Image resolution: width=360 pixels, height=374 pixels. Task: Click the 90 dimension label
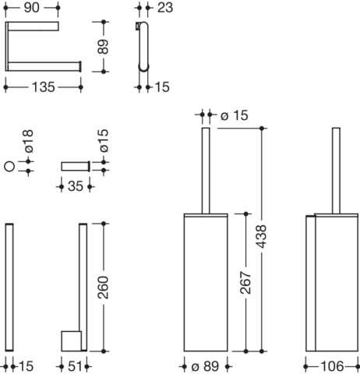pos(31,8)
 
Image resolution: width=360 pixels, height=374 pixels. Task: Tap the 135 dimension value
pos(43,87)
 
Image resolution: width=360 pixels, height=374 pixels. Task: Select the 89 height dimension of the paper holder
pos(103,47)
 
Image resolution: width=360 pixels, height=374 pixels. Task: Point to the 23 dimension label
pos(165,8)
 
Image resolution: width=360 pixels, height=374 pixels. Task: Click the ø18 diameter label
pos(28,141)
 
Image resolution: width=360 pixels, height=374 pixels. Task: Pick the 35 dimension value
pos(76,186)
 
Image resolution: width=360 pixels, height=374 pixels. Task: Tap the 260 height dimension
pos(103,288)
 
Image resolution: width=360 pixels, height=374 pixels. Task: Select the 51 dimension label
pos(75,366)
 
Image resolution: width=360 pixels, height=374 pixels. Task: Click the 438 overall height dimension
pos(261,236)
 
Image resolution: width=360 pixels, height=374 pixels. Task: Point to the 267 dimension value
pos(245,283)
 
